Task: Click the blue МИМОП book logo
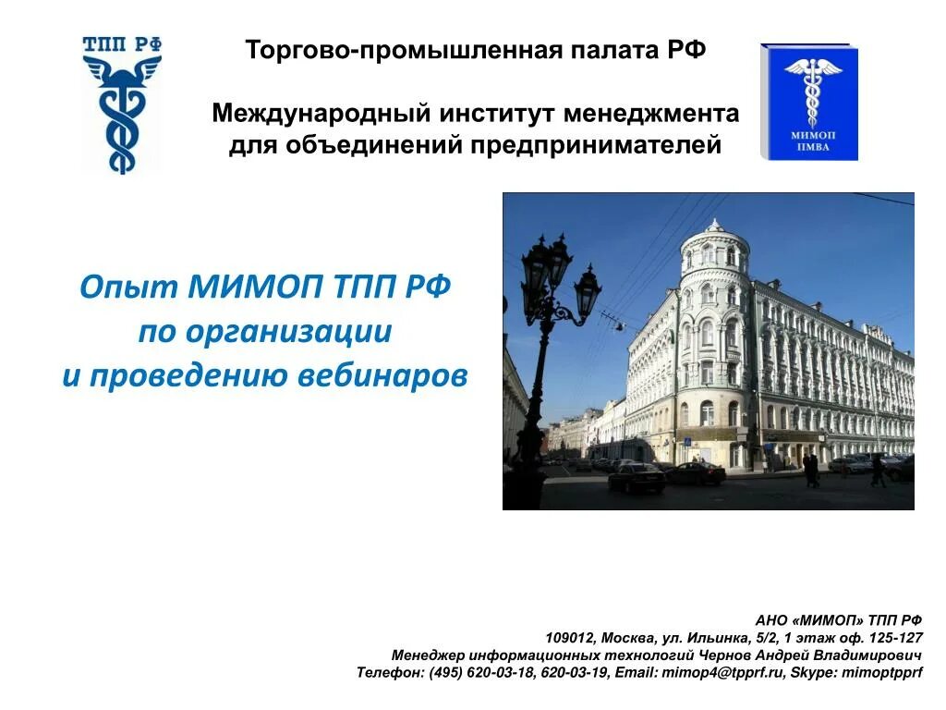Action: coord(809,102)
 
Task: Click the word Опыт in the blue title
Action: coord(128,288)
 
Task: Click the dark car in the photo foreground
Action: coord(636,478)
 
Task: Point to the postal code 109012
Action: coord(571,638)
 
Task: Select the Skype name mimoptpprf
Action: coord(879,673)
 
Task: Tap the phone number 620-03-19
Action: coord(574,673)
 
